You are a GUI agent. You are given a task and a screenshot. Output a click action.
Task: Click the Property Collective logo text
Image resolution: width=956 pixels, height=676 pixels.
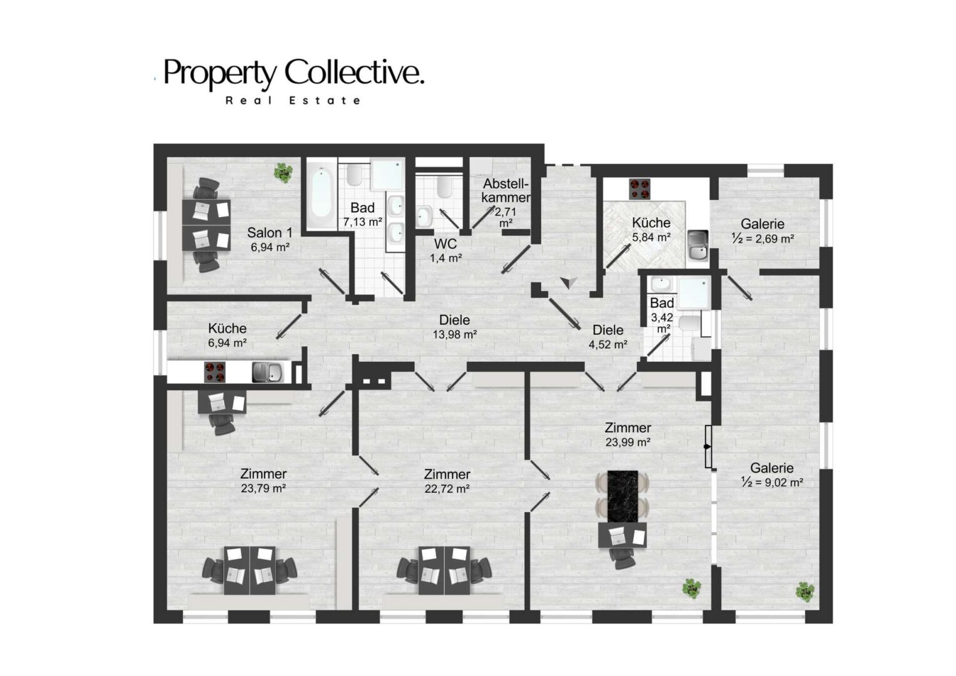(293, 73)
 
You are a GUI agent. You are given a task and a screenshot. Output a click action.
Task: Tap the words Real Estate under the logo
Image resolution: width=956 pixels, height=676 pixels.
(293, 101)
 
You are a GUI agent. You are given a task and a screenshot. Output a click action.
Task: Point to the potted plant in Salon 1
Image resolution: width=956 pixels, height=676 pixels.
(283, 173)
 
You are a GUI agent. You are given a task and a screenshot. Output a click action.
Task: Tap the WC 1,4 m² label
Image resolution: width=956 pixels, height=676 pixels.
(445, 250)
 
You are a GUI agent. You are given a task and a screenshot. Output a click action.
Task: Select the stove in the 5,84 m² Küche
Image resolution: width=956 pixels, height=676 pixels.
(639, 189)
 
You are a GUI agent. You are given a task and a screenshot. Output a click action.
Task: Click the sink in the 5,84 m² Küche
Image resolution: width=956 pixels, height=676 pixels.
(698, 245)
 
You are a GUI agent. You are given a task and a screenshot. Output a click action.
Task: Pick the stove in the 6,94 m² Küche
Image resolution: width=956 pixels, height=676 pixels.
(215, 372)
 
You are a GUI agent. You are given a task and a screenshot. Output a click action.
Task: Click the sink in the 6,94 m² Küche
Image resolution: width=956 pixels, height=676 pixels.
(267, 372)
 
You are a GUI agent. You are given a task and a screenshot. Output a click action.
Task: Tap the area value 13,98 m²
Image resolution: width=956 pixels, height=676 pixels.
(454, 334)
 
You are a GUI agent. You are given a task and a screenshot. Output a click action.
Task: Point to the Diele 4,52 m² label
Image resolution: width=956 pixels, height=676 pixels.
(608, 337)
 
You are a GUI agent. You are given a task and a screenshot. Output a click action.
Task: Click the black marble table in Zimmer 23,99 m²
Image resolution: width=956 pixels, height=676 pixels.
(623, 496)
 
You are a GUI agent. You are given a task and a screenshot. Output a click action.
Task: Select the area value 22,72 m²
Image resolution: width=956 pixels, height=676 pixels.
(447, 488)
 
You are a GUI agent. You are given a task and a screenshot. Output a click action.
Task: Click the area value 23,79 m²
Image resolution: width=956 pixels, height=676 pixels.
(263, 488)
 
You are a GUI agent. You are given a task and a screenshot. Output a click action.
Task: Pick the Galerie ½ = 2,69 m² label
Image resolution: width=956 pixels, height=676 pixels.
(763, 231)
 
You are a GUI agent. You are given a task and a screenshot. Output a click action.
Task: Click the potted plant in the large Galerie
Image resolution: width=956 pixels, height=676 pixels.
(805, 592)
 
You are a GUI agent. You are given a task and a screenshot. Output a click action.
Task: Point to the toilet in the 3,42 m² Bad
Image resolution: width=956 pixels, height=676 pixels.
(689, 324)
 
